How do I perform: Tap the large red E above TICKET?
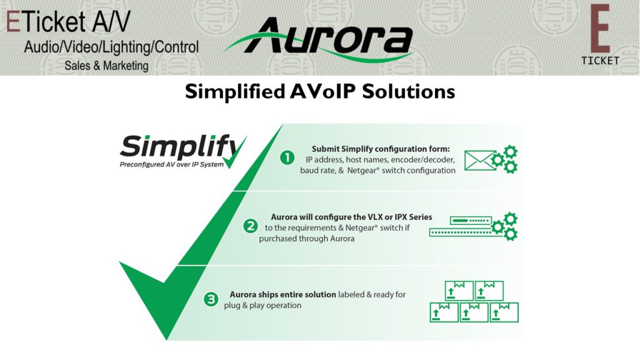coord(600,29)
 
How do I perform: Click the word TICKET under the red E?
coord(600,61)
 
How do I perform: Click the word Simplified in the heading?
coord(235,92)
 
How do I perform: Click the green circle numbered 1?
coord(287,157)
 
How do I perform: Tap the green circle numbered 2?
coord(251,226)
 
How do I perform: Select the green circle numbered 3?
coord(211,299)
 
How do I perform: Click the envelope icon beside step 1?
coord(479,161)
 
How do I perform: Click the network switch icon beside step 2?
coord(461,226)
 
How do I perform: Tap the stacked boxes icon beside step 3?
coord(474,302)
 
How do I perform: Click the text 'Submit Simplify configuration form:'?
coord(381,149)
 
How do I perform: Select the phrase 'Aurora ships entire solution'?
coord(283,294)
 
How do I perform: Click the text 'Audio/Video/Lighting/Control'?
coord(111,47)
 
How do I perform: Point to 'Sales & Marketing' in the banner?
coord(106,66)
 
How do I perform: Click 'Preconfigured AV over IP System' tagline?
coord(171,165)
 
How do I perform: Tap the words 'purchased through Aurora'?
coord(306,239)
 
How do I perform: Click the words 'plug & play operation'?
coord(262,305)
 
